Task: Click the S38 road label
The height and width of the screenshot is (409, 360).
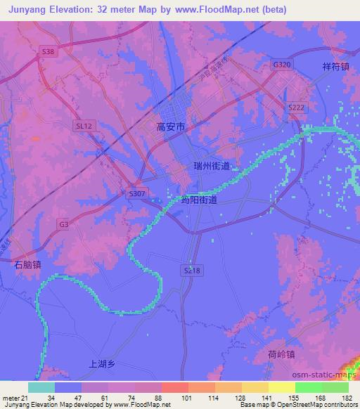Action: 47,52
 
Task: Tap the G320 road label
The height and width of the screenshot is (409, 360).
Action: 281,64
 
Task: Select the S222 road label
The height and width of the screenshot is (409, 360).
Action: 295,105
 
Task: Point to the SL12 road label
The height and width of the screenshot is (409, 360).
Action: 83,125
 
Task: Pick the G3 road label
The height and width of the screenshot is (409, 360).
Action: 64,224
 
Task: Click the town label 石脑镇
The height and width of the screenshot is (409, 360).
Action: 28,265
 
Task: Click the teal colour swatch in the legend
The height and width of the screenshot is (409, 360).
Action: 41,387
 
